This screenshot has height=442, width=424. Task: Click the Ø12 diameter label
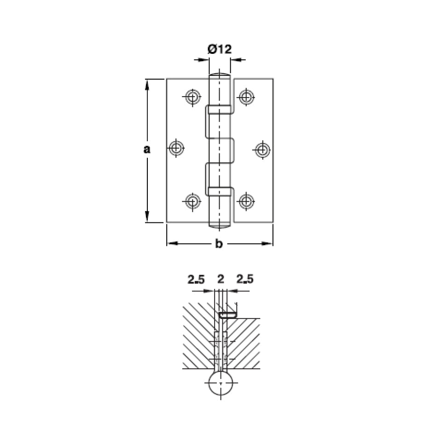coord(220,49)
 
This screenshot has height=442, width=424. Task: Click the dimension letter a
coord(147,149)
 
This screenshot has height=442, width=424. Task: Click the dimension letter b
coord(219,244)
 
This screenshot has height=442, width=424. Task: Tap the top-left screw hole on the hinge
coord(193,97)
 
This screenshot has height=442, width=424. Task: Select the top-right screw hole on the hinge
coord(246,97)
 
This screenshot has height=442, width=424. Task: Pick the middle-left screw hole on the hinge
coord(176,148)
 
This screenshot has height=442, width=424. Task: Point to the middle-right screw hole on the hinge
coord(263,150)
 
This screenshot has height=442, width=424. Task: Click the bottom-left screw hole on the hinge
coord(193,202)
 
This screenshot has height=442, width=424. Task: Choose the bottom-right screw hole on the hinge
coord(246,201)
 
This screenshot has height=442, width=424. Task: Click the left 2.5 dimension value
coord(196,279)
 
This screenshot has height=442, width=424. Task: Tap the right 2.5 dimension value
coord(245,279)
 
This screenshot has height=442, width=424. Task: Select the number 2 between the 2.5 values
coord(221,279)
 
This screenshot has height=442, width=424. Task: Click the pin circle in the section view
coord(221,383)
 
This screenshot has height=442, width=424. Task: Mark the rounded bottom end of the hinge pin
coord(220,225)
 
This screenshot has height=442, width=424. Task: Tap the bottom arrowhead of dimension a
coord(147,217)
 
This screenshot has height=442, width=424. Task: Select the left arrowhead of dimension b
coord(173,244)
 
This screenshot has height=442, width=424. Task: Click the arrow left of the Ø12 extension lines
coord(201,60)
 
